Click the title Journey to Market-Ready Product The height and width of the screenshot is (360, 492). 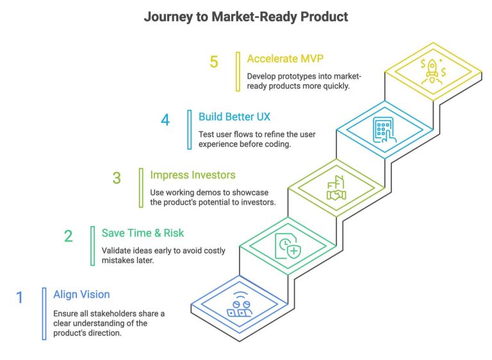pyautogui.click(x=246, y=17)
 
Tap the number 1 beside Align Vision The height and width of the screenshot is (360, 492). pyautogui.click(x=20, y=298)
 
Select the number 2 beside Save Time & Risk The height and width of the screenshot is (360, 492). pyautogui.click(x=69, y=236)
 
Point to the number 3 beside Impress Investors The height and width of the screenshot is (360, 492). pyautogui.click(x=117, y=178)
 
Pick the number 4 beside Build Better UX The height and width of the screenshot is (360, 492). pyautogui.click(x=165, y=120)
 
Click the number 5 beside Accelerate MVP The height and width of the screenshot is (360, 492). pyautogui.click(x=214, y=61)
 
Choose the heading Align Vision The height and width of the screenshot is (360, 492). pyautogui.click(x=82, y=295)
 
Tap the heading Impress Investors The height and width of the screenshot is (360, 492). pyautogui.click(x=193, y=175)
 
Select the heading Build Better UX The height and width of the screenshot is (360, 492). pyautogui.click(x=234, y=117)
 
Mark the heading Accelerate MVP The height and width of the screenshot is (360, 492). pyautogui.click(x=286, y=58)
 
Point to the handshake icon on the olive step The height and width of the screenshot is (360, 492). pyautogui.click(x=336, y=190)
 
